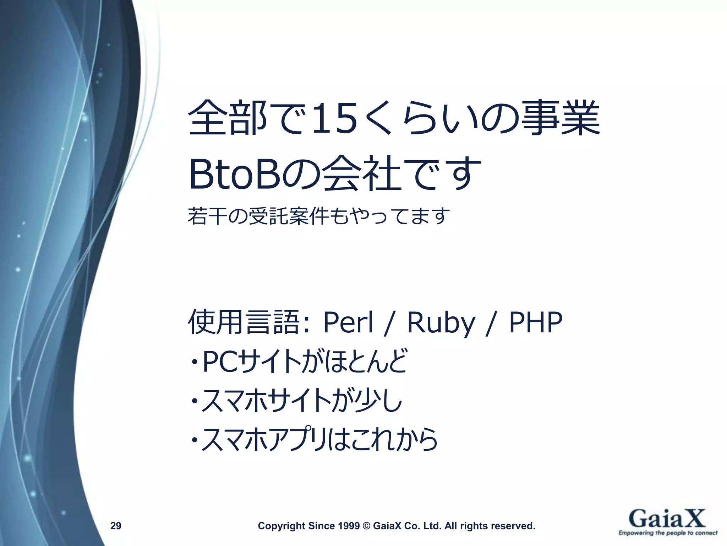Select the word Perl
point(348,322)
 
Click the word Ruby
point(441,323)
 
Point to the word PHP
point(536,322)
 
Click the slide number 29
point(116,525)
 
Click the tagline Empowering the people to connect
point(668,533)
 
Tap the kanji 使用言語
point(243,322)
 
